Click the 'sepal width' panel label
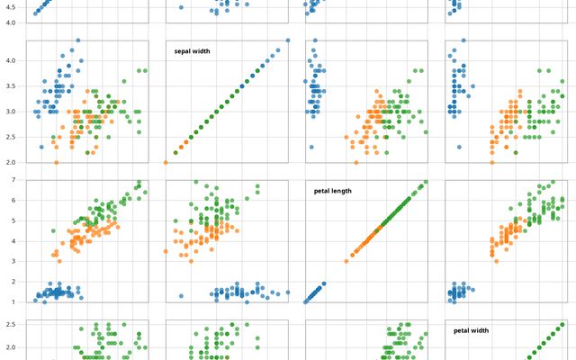192,51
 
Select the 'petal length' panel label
333,191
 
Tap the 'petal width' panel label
472,331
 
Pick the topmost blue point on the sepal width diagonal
288,40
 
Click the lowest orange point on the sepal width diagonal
166,163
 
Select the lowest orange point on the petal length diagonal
346,261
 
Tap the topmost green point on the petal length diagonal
426,181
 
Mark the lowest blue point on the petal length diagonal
307,301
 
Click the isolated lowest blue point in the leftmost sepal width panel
41,147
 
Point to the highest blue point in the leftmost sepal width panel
77,40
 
